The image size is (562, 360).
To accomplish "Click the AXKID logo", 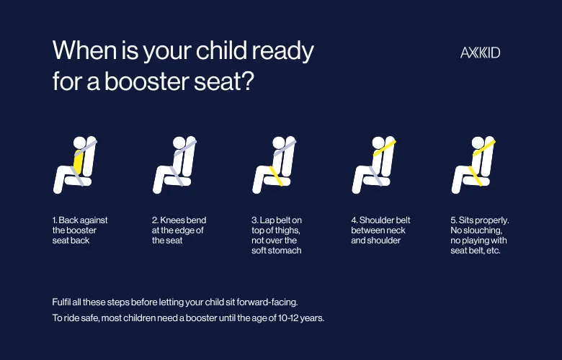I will (481, 53).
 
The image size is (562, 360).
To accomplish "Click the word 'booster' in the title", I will (148, 81).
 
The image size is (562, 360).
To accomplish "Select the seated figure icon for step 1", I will (76, 165).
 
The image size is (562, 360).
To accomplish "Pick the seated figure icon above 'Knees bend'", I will (175, 165).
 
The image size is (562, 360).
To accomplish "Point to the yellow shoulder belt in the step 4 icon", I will (384, 148).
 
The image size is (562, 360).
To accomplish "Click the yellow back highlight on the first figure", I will (79, 163).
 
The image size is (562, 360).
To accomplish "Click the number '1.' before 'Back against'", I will (55, 220).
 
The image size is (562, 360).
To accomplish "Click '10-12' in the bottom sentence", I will (291, 318).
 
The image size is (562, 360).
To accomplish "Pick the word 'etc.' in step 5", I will (491, 251).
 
